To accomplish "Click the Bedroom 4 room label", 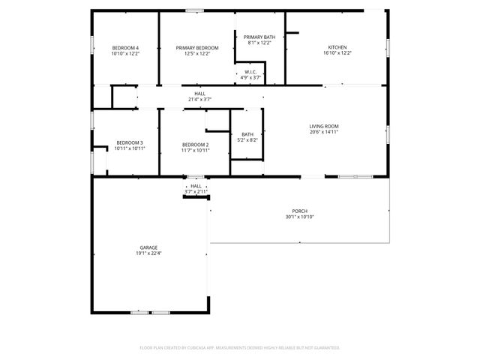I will pos(125,48).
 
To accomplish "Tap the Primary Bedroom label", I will pos(197,48).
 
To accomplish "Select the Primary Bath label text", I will pos(259,37).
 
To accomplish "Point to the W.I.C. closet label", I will pos(250,72).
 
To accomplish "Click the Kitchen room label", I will pos(337,48).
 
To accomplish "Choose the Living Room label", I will pos(324,126).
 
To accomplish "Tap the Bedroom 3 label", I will pos(129,143).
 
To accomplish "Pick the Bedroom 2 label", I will pos(195,145).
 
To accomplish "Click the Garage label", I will pos(148,247).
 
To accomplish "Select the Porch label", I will pos(300,211).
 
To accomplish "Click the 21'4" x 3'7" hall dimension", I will pos(199,99).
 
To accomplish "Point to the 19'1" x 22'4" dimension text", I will pos(148,253).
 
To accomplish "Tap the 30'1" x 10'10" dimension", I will pos(300,217).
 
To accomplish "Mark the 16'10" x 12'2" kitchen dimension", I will pos(337,53).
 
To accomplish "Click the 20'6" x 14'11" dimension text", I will pos(324,132).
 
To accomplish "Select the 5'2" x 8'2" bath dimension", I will pos(247,140).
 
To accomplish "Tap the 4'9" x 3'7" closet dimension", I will pos(250,77).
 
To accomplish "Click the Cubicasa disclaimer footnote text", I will pos(240,348).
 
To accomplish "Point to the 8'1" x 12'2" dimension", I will pos(259,43).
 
